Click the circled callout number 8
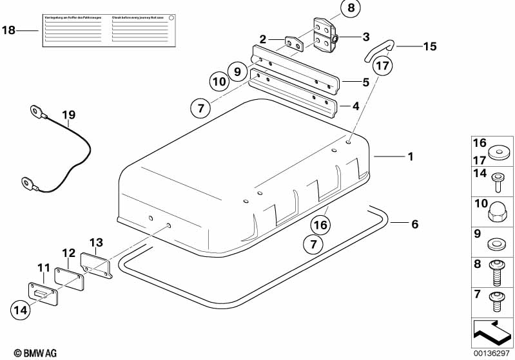click(350, 8)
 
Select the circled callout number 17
click(383, 65)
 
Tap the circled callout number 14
click(21, 310)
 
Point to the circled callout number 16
click(320, 225)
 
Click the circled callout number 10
click(219, 82)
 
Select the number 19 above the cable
click(69, 115)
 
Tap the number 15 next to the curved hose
click(429, 46)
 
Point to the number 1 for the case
click(410, 156)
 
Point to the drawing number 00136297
click(492, 353)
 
